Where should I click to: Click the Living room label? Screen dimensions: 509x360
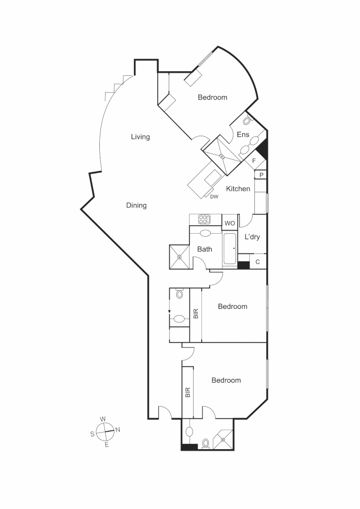[x=140, y=137]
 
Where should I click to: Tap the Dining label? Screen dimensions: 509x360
[x=136, y=205]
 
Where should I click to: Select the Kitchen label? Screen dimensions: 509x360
[x=238, y=189]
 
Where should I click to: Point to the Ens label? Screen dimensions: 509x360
[x=243, y=135]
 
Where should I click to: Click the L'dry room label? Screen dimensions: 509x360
[x=252, y=237]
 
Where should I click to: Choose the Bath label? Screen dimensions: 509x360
[x=205, y=249]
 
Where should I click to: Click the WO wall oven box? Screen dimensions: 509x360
[x=229, y=223]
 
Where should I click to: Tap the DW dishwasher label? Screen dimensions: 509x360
[x=214, y=197]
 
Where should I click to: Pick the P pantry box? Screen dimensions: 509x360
[x=261, y=175]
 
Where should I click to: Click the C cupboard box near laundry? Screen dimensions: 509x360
[x=258, y=262]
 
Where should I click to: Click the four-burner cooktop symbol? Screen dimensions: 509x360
[x=204, y=219]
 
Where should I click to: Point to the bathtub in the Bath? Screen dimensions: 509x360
[x=230, y=248]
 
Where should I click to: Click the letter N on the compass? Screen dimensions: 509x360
[x=118, y=429]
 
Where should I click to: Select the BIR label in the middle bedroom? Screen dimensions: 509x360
[x=196, y=314]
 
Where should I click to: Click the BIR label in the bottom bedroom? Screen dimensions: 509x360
[x=188, y=393]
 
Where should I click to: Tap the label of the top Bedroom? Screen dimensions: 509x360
[x=212, y=98]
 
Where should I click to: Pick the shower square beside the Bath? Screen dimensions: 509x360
[x=179, y=257]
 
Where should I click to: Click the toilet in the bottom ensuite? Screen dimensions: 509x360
[x=205, y=443]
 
